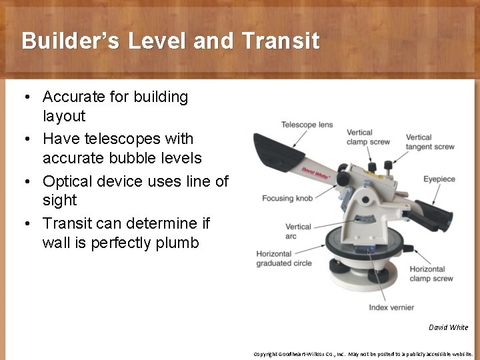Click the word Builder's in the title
pos(71,41)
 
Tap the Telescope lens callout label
pos(307,125)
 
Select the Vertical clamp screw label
pos(368,137)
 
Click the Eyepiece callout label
pos(439,179)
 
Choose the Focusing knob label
pos(287,198)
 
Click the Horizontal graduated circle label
pos(283,259)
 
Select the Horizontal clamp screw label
pos(431,274)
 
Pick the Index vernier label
pos(391,307)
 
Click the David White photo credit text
pos(448,327)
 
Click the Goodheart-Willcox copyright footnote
pos(363,354)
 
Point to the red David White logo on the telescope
pos(316,175)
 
